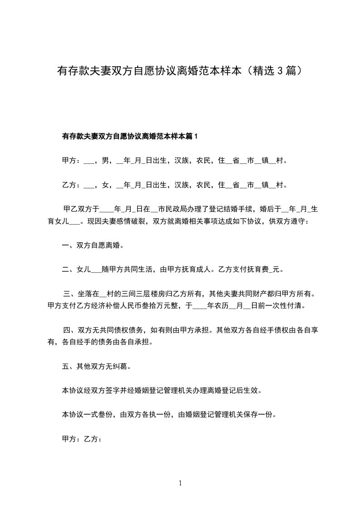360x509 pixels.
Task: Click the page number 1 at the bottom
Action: point(180,484)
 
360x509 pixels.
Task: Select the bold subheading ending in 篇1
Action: point(129,136)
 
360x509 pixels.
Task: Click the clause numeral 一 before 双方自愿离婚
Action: point(65,246)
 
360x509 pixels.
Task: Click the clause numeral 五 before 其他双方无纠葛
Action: point(65,366)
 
